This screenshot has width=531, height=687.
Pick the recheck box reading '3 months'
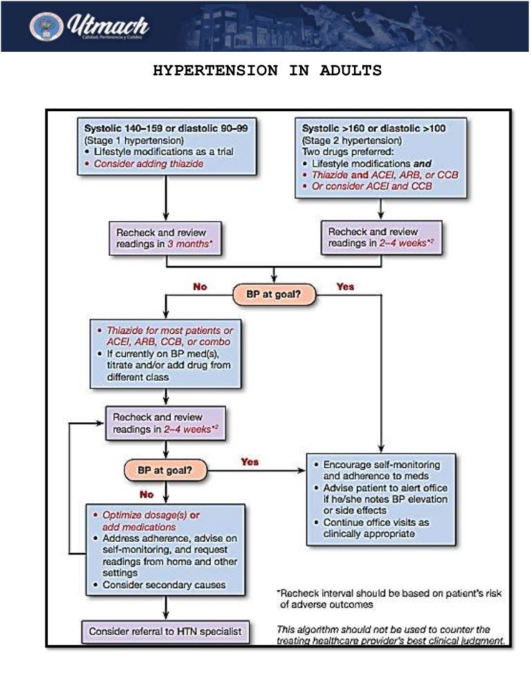[166, 238]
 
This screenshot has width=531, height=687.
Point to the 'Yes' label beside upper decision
[345, 285]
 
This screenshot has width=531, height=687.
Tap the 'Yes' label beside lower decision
[250, 462]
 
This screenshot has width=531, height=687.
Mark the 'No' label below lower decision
[147, 495]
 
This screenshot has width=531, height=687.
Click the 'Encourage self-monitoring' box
[382, 499]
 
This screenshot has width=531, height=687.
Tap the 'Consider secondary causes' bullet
[164, 585]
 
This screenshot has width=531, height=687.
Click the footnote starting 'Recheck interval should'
[391, 599]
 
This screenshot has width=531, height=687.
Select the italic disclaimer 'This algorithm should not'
[391, 635]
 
